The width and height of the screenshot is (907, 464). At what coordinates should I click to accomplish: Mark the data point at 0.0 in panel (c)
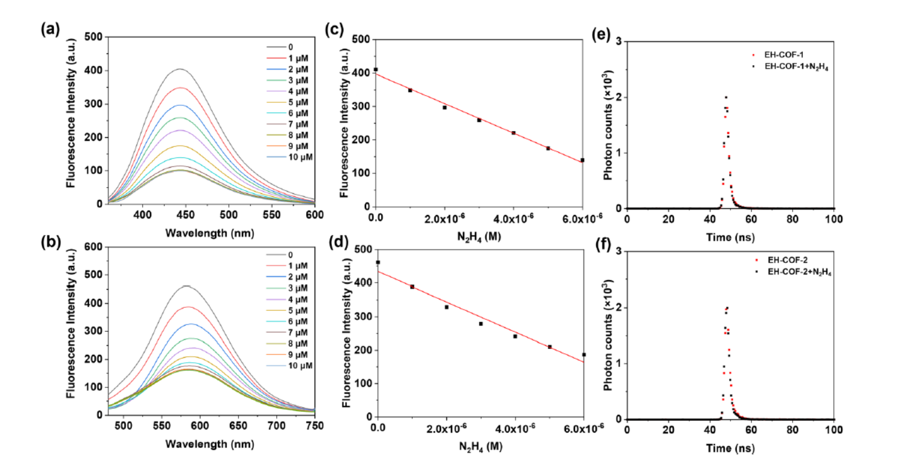pos(376,69)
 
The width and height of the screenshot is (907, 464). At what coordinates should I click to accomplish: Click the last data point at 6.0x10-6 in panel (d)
pos(583,354)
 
